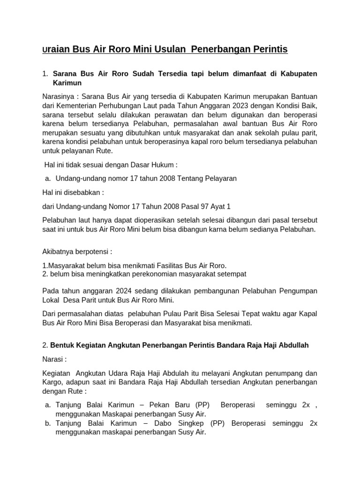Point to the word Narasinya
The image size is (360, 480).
point(59,96)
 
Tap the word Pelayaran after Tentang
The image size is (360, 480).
point(220,178)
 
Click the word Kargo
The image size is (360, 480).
point(52,382)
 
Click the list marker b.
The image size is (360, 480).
point(48,423)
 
